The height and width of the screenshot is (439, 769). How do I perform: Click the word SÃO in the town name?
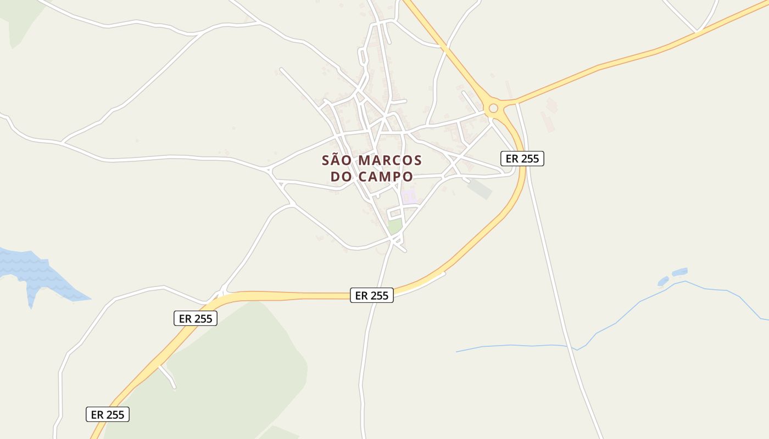coord(336,160)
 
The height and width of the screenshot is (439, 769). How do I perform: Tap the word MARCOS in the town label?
coord(390,160)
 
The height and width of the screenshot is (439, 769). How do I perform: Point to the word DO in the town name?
coord(341,177)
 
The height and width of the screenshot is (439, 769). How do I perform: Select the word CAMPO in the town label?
coord(386,177)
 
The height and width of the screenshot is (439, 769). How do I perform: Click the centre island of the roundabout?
coord(493,108)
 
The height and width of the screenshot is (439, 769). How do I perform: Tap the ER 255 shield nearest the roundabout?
coord(522,159)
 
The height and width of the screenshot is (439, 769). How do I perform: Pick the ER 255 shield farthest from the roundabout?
coord(108,414)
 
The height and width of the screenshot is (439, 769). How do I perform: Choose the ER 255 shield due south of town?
coord(372,295)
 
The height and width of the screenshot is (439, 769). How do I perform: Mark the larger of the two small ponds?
coord(680,272)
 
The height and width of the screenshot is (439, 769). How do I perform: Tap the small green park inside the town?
coord(394,226)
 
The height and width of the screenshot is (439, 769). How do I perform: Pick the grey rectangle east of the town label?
coord(480,189)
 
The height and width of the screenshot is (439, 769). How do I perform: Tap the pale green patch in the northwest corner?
coord(22,22)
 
